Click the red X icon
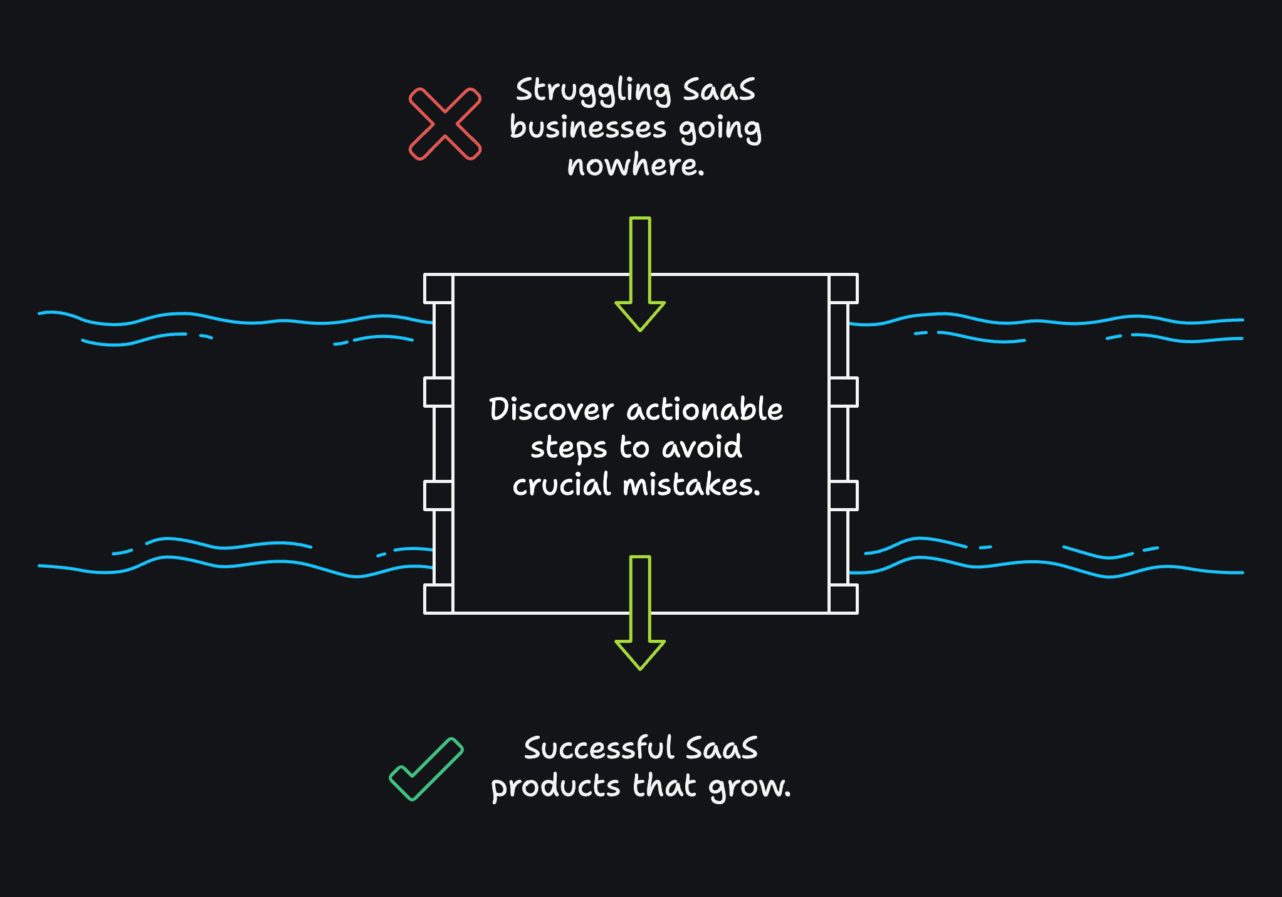coord(445,124)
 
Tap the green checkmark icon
coord(426,770)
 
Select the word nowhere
coord(635,166)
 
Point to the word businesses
coord(587,127)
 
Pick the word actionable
coord(705,410)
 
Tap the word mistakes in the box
coord(691,485)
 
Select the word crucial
coord(561,485)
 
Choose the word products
coord(555,787)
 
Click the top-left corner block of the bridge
coord(438,289)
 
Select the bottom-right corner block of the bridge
coord(844,598)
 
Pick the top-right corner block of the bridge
coord(844,289)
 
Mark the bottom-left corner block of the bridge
coord(438,598)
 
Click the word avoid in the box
coord(701,447)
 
